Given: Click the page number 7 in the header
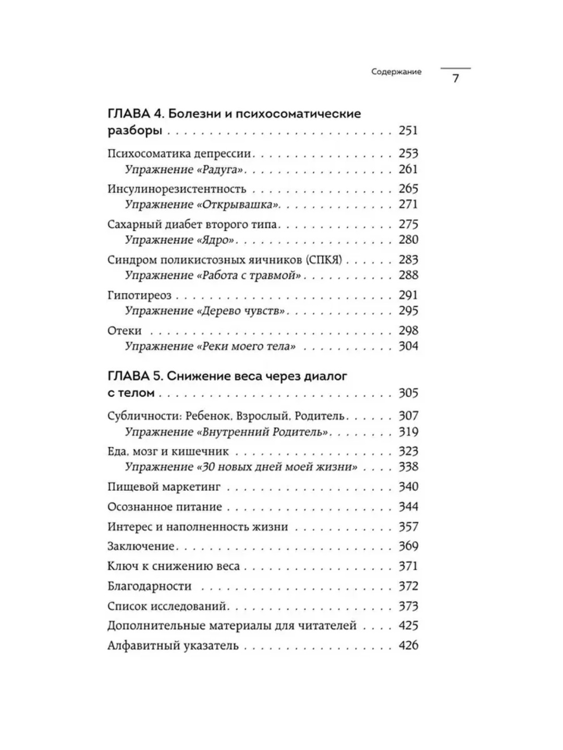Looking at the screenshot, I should (455, 79).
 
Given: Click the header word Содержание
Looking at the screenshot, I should (396, 72).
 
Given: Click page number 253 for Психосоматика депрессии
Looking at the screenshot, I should (408, 153).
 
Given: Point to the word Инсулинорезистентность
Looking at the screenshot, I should (177, 189).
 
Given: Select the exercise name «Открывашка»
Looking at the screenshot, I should (238, 204).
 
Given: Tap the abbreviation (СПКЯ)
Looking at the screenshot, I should (324, 259).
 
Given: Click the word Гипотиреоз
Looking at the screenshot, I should (139, 295).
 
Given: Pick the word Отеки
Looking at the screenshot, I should (125, 331).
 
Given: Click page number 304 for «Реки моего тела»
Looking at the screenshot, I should (408, 346).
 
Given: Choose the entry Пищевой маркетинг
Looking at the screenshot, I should (164, 487).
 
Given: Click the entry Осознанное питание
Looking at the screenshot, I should (165, 507).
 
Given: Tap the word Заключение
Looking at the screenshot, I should (141, 546).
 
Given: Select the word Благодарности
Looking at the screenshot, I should (150, 586).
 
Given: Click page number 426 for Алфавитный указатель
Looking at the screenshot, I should (408, 645).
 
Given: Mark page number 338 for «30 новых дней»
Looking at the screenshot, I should (408, 467).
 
